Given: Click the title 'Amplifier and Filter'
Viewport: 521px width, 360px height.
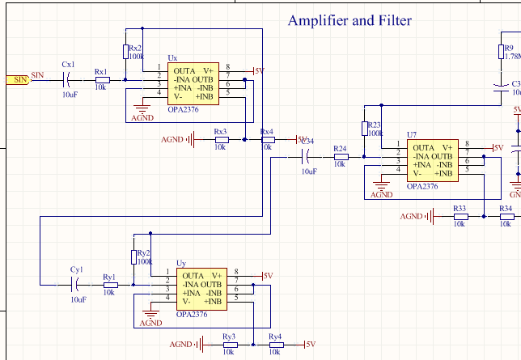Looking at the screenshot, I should (x=349, y=21).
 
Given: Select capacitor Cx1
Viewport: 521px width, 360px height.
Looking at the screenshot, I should (x=68, y=79).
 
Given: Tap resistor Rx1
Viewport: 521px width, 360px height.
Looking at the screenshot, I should (x=101, y=79).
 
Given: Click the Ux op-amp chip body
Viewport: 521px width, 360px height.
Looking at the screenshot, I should (x=190, y=83).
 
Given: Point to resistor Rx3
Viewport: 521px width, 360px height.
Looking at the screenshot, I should (x=220, y=140).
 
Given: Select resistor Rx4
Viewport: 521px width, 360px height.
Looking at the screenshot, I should (x=266, y=140).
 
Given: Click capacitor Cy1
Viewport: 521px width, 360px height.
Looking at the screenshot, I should (x=77, y=285).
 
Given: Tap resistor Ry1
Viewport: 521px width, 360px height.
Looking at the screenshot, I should (x=110, y=285).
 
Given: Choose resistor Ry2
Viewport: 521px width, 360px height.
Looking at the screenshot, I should (x=134, y=256).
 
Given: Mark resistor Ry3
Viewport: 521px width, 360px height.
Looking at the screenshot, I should (x=229, y=345).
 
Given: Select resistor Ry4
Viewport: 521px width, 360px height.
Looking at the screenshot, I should (x=275, y=345).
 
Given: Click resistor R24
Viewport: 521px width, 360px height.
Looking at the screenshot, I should (x=341, y=157).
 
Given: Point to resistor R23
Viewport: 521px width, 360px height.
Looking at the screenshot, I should (x=364, y=129).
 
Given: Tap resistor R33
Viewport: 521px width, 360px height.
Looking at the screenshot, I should (x=460, y=216).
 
